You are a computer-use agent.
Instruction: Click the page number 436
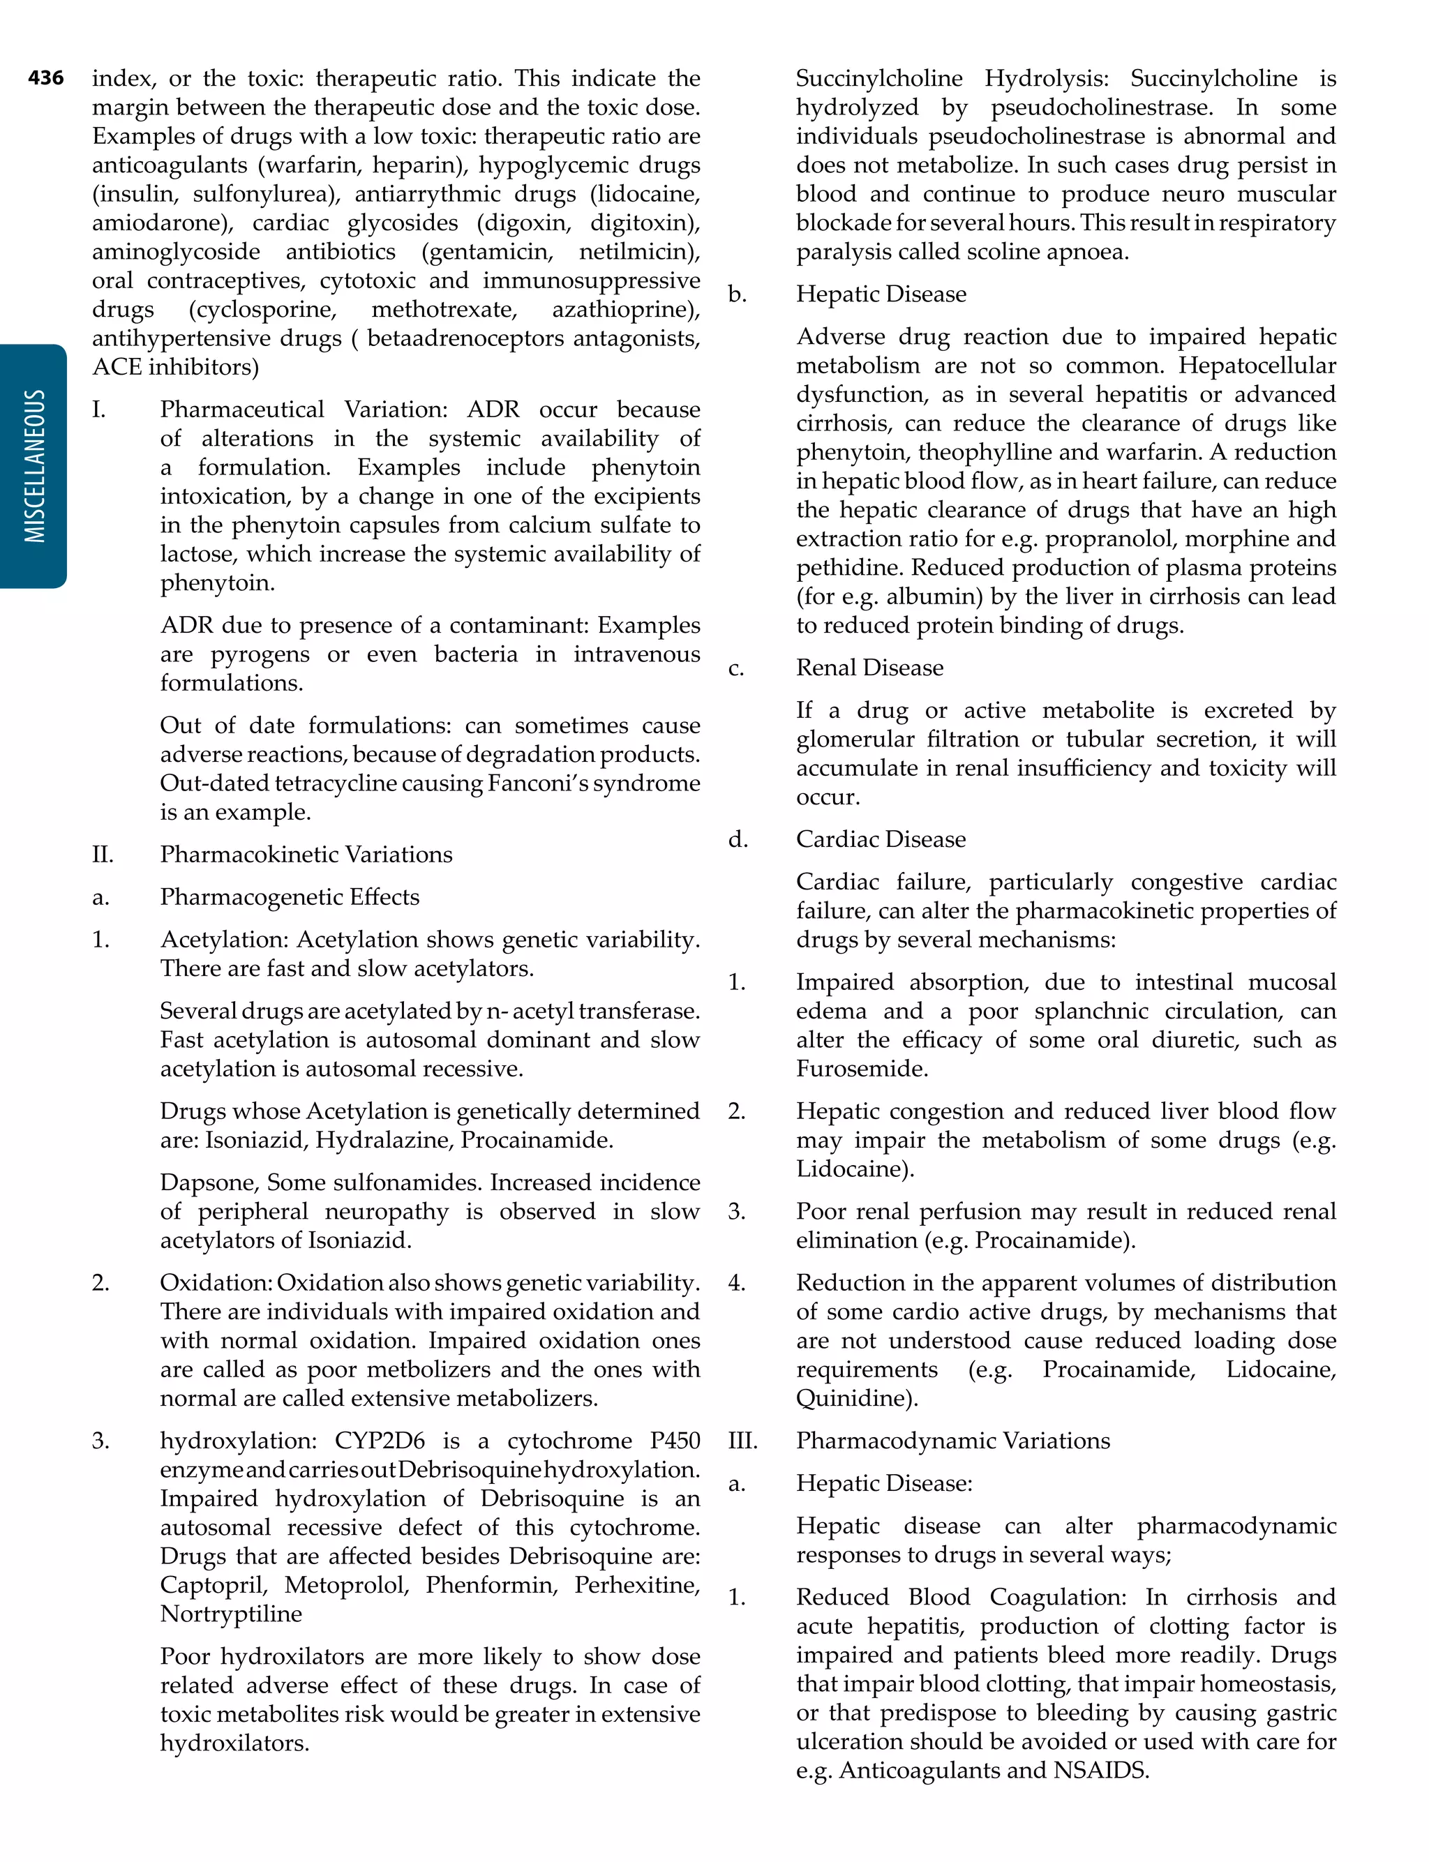[x=45, y=78]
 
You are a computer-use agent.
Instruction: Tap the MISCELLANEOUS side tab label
[x=34, y=466]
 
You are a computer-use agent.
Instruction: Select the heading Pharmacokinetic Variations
[x=306, y=855]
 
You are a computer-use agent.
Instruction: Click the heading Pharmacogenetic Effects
[x=289, y=897]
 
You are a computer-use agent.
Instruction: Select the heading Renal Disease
[x=869, y=668]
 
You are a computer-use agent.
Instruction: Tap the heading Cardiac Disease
[x=881, y=839]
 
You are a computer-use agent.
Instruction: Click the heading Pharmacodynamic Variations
[x=952, y=1441]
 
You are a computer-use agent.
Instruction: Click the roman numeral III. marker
[x=742, y=1441]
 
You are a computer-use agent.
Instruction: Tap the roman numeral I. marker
[x=98, y=410]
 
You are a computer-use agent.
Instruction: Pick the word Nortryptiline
[x=230, y=1614]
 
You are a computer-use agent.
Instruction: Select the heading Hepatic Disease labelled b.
[x=881, y=294]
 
